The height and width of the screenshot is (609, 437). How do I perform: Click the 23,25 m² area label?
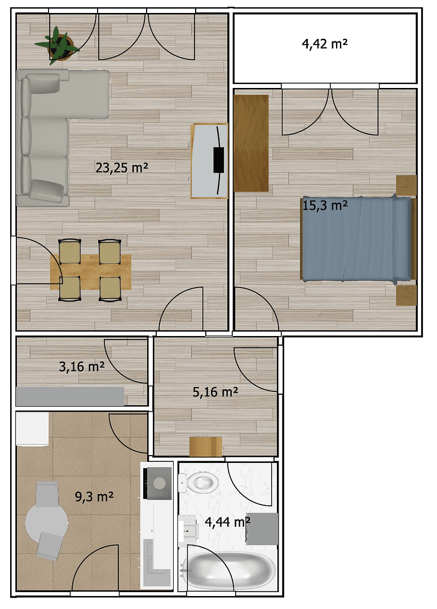pyautogui.click(x=122, y=167)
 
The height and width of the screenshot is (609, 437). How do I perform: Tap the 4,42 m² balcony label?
pyautogui.click(x=324, y=45)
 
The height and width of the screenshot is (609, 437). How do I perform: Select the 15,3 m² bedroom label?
pyautogui.click(x=325, y=205)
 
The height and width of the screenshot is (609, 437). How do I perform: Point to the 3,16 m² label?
pyautogui.click(x=82, y=367)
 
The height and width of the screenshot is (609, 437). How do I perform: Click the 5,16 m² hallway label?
pyautogui.click(x=215, y=392)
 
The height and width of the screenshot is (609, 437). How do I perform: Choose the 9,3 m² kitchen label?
pyautogui.click(x=95, y=497)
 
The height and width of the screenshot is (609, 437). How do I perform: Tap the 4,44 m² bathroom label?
pyautogui.click(x=228, y=522)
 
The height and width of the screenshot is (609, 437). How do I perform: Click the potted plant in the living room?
pyautogui.click(x=58, y=43)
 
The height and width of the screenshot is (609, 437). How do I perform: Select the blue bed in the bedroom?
pyautogui.click(x=355, y=239)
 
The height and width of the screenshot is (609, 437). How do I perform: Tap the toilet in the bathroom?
pyautogui.click(x=200, y=482)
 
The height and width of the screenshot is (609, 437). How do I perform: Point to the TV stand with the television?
pyautogui.click(x=209, y=161)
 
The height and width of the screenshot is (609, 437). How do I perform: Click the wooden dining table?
pyautogui.click(x=91, y=271)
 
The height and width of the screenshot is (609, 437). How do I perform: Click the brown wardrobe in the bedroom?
pyautogui.click(x=251, y=143)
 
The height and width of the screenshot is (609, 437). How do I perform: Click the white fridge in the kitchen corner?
pyautogui.click(x=32, y=429)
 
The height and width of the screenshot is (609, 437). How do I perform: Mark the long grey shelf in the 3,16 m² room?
pyautogui.click(x=69, y=396)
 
